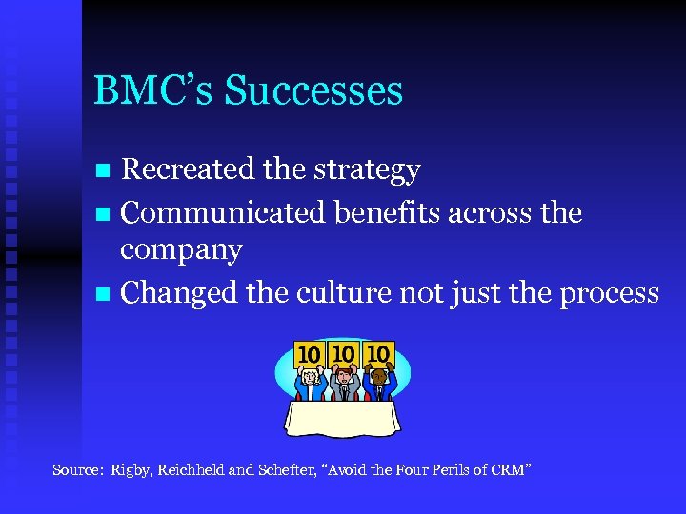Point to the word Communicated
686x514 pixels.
[224, 212]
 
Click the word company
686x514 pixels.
[181, 251]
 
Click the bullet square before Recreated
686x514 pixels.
[105, 171]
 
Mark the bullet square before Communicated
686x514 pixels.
[105, 213]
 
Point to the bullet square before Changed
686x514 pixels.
[105, 293]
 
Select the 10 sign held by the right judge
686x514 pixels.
[379, 354]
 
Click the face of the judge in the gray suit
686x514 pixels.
[344, 375]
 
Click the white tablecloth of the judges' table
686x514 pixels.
[344, 419]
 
